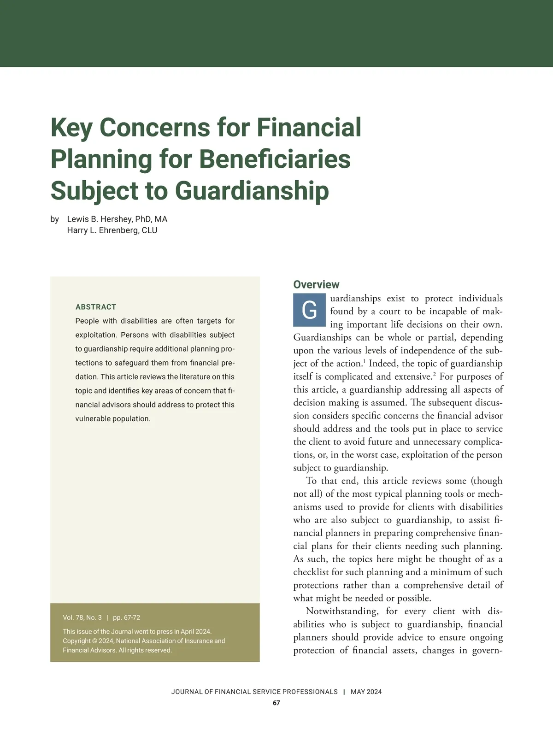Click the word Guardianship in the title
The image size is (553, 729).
(252, 190)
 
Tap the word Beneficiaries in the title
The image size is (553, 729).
(275, 159)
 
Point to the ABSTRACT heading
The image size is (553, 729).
(96, 307)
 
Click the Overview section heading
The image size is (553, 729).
(316, 284)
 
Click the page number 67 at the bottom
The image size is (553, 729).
(276, 703)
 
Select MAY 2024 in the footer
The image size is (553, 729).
(366, 692)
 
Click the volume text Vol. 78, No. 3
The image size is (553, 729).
(82, 617)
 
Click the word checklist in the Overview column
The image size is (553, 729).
(311, 572)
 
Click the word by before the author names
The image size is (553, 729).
(54, 219)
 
